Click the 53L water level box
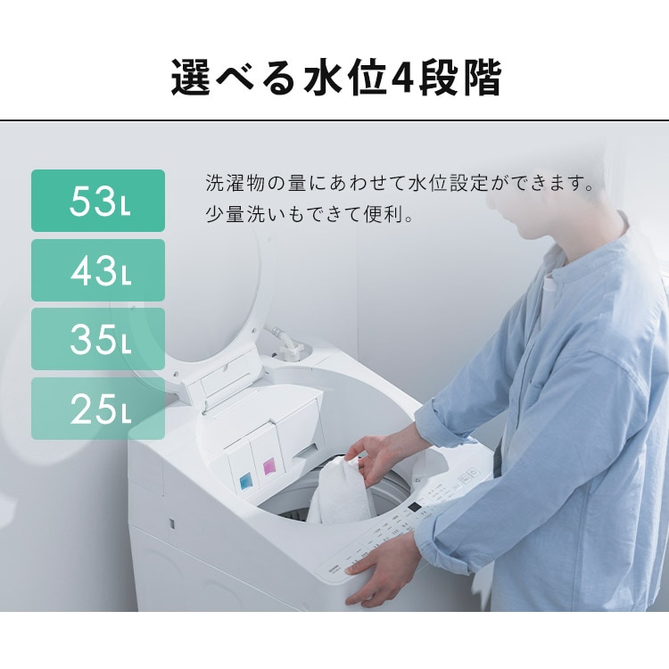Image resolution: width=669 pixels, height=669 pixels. [98, 201]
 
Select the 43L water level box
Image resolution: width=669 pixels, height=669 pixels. [98, 270]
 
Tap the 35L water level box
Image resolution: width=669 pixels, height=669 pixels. [98, 339]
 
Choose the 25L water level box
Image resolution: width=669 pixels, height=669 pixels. [98, 409]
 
